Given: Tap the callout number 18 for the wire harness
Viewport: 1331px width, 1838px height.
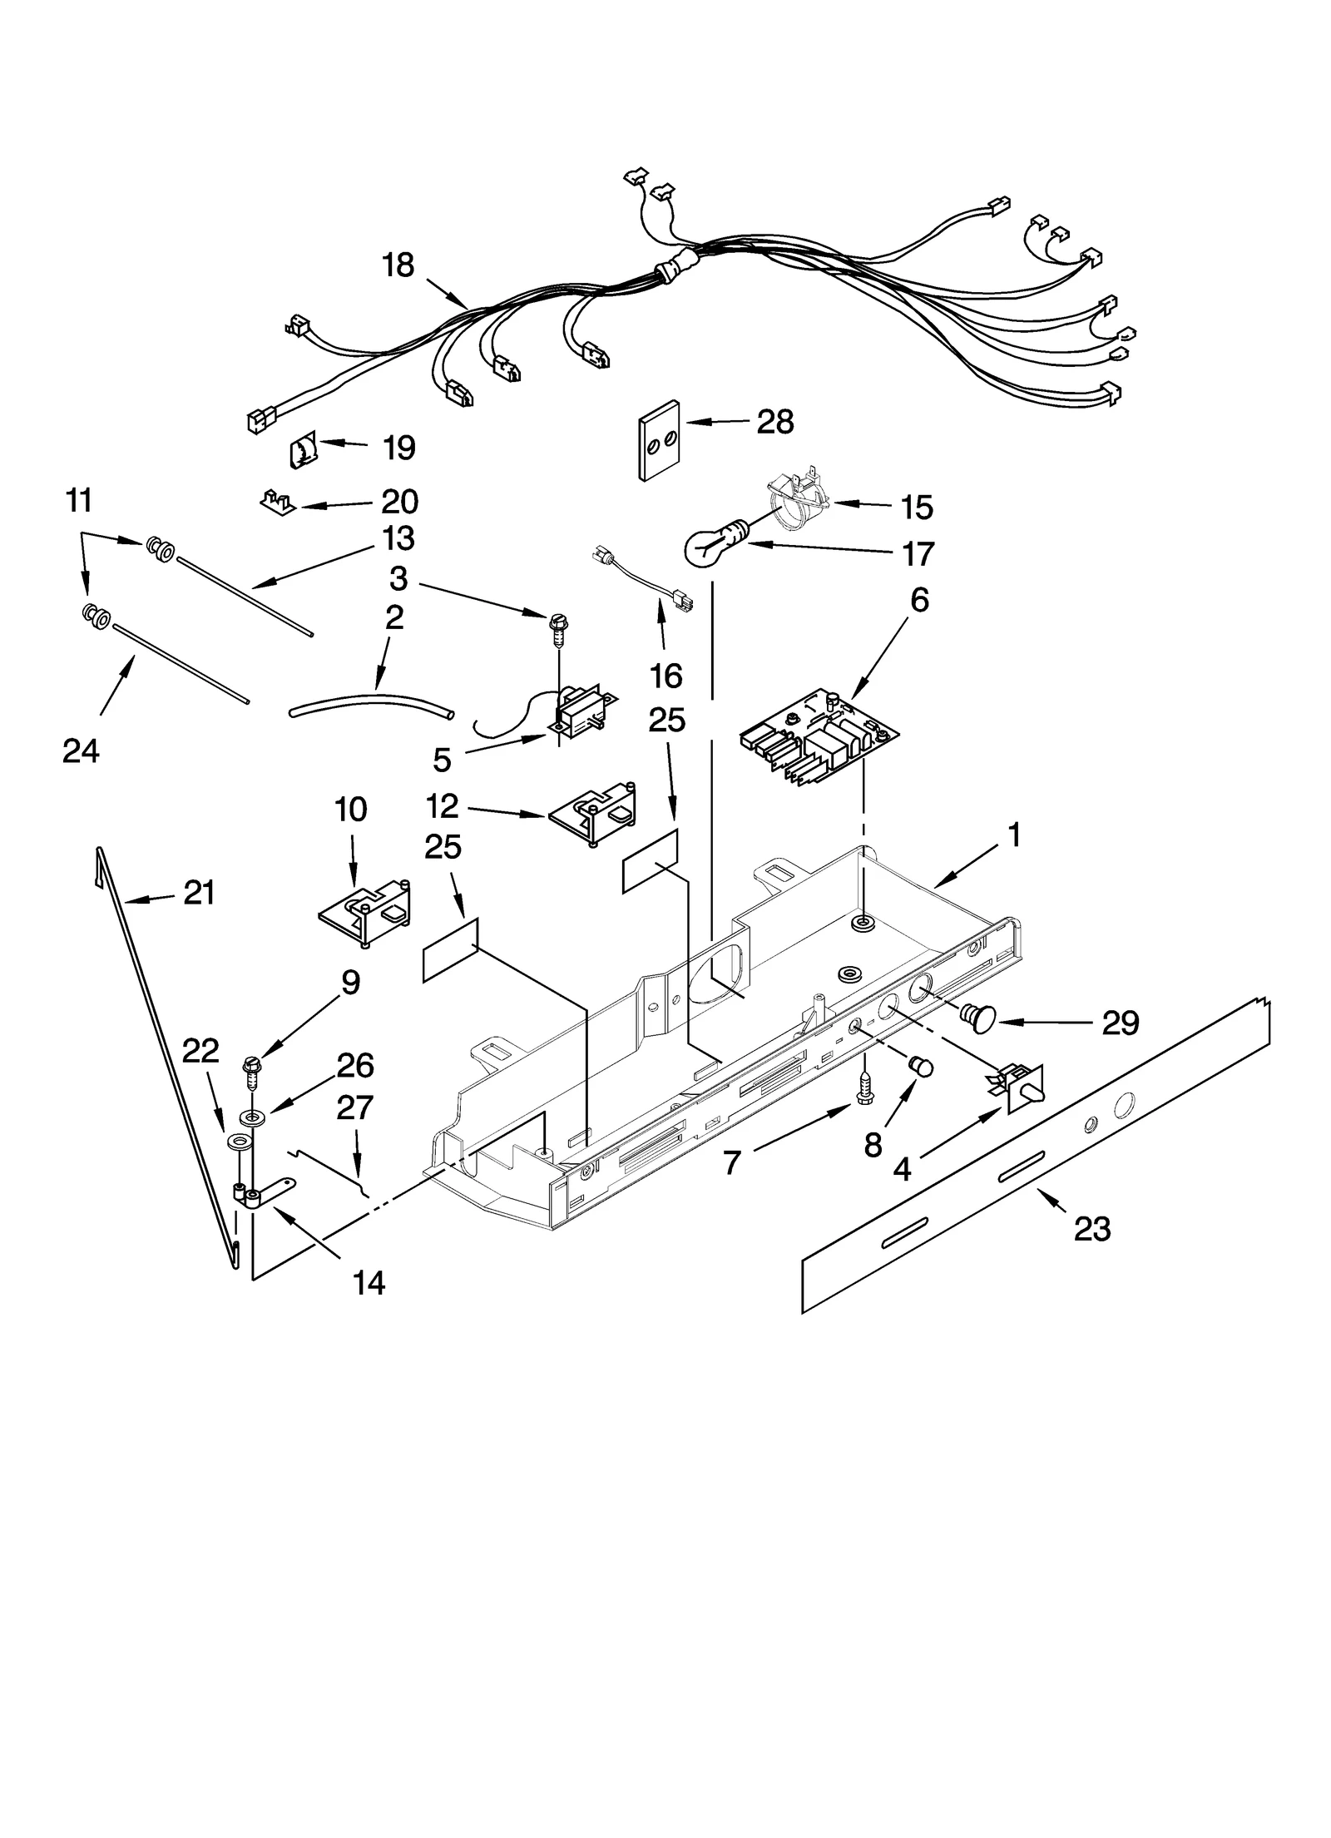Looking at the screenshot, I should tap(398, 265).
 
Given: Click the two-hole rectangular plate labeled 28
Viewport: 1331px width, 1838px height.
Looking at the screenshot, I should tap(658, 441).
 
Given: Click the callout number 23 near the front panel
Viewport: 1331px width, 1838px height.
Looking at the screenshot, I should tap(1091, 1227).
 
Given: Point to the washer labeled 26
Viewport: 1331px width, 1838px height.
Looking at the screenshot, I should tap(253, 1115).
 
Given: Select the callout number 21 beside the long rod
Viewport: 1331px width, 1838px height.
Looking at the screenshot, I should tap(200, 892).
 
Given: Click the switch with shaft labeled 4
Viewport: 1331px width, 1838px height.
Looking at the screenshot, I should tap(1018, 1090).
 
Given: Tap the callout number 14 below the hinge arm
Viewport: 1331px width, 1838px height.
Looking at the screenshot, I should tap(369, 1283).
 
